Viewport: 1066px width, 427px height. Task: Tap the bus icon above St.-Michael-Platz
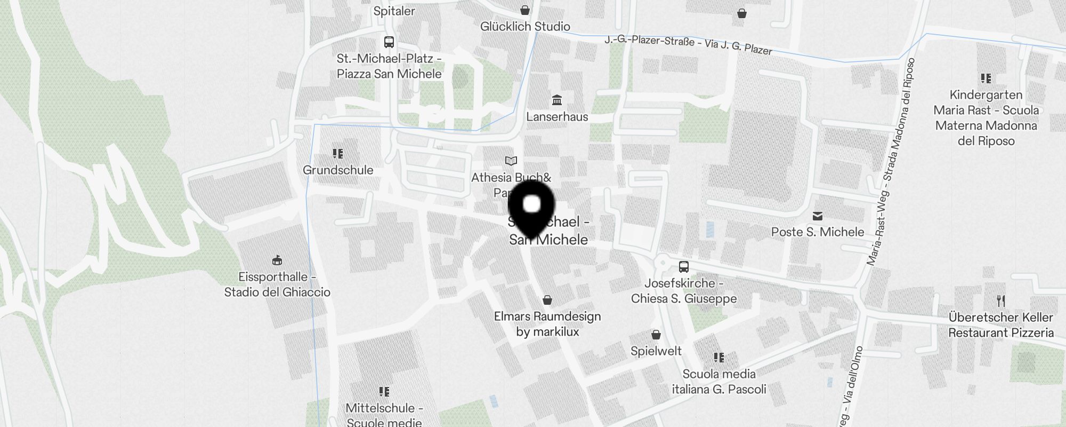[389, 42]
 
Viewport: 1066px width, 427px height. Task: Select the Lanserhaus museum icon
[557, 100]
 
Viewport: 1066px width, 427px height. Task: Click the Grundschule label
[338, 170]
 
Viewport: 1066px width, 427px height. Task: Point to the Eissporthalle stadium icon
[277, 260]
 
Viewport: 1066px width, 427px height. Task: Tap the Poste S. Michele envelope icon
[817, 216]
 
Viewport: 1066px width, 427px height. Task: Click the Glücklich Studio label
[525, 26]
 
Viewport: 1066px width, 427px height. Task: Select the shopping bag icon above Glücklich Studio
[525, 10]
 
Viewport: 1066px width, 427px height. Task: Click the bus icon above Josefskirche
[683, 267]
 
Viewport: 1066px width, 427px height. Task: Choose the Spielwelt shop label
[656, 351]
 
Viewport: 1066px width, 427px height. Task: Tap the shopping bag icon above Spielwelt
[656, 335]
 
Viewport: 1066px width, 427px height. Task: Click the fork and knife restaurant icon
[1000, 301]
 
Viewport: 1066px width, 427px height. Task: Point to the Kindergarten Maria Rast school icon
[986, 78]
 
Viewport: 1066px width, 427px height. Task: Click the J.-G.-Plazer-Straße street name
[688, 43]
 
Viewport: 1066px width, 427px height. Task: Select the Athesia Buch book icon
[511, 161]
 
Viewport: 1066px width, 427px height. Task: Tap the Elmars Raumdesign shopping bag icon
[547, 300]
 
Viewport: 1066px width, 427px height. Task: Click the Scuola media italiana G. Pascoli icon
[718, 357]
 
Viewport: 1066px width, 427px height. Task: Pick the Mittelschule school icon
[384, 392]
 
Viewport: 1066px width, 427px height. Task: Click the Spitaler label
[394, 11]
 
